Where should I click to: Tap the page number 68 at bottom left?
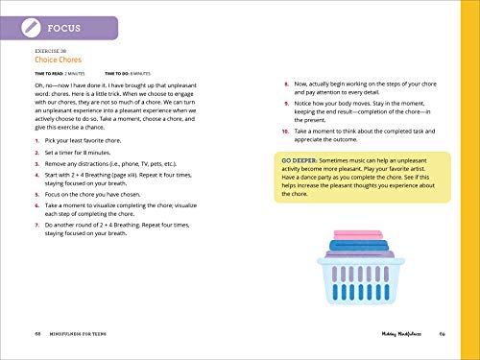click(35, 331)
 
